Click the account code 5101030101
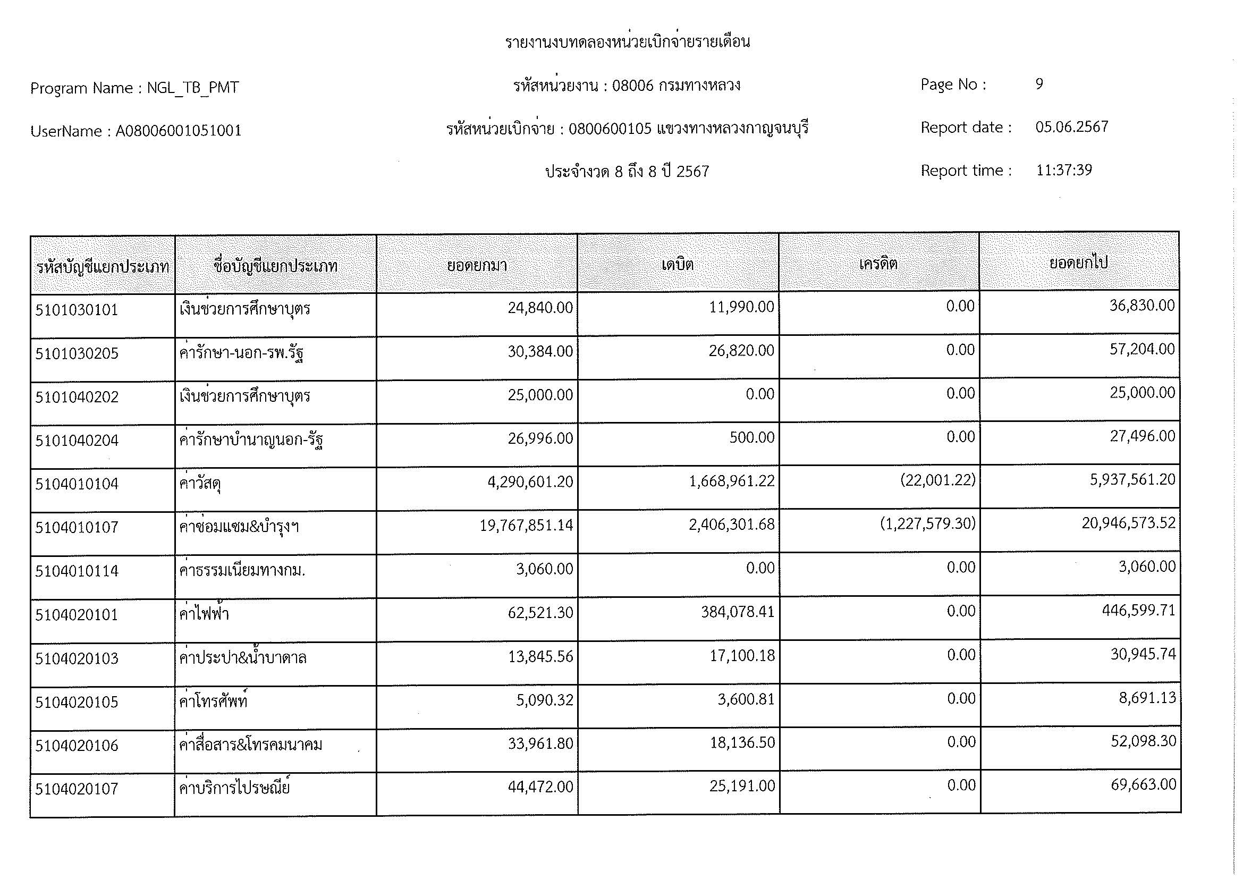coord(77,310)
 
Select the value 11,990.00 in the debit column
coord(741,307)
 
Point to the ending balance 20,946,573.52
coord(1128,523)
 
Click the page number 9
coord(1039,84)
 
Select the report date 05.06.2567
coord(1071,127)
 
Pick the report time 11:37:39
coord(1064,171)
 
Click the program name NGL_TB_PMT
coord(192,88)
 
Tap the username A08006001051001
coord(178,131)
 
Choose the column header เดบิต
coord(677,265)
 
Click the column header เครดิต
coord(878,264)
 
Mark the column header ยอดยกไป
coord(1078,263)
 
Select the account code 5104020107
coord(77,789)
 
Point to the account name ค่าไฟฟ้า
coord(204,614)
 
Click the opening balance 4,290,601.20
coord(530,481)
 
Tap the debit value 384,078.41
coord(738,612)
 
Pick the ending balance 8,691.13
coord(1147,698)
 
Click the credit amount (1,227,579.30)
coord(927,523)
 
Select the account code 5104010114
coord(77,571)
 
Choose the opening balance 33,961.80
coord(540,743)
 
